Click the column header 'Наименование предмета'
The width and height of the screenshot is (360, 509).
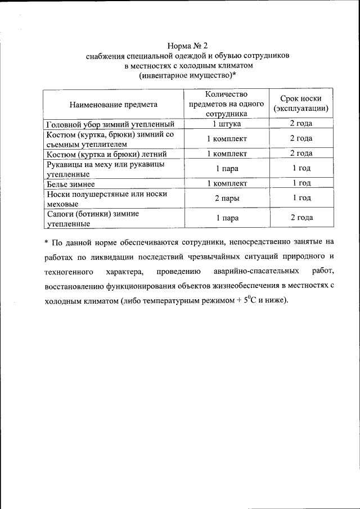click(113, 103)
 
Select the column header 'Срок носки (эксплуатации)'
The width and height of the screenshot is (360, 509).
click(301, 103)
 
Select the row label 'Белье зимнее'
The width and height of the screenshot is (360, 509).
click(70, 183)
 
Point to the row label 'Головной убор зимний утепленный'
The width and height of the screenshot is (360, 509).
click(109, 124)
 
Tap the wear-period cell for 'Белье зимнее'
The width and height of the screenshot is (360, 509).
click(301, 183)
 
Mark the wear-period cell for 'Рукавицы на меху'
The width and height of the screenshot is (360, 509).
click(301, 168)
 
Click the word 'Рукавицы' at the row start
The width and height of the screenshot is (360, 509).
click(65, 164)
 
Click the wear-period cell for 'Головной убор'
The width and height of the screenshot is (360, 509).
click(301, 124)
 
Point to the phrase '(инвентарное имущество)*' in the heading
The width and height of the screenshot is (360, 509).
click(187, 75)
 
